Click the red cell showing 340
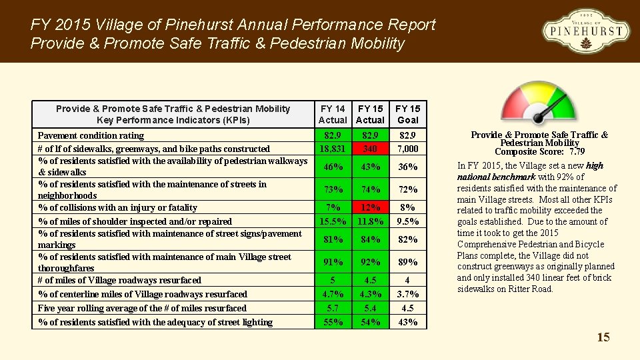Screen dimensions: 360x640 click(x=370, y=149)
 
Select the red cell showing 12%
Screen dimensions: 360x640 click(x=370, y=207)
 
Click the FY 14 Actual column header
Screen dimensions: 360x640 click(x=333, y=114)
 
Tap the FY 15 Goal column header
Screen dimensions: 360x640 click(x=407, y=114)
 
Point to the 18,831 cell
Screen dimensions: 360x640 click(x=333, y=149)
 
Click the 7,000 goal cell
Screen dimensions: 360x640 click(x=407, y=149)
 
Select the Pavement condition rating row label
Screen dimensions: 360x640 click(x=91, y=135)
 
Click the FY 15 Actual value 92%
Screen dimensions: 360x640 click(x=370, y=262)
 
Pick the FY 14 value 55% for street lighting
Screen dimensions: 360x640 click(x=333, y=322)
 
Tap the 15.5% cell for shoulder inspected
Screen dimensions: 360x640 click(x=333, y=221)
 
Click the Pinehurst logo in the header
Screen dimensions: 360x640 click(x=585, y=31)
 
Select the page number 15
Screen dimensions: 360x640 click(x=603, y=337)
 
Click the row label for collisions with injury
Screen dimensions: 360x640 click(x=117, y=207)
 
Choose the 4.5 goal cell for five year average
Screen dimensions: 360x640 click(x=407, y=308)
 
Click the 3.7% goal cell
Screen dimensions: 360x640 click(x=407, y=294)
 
